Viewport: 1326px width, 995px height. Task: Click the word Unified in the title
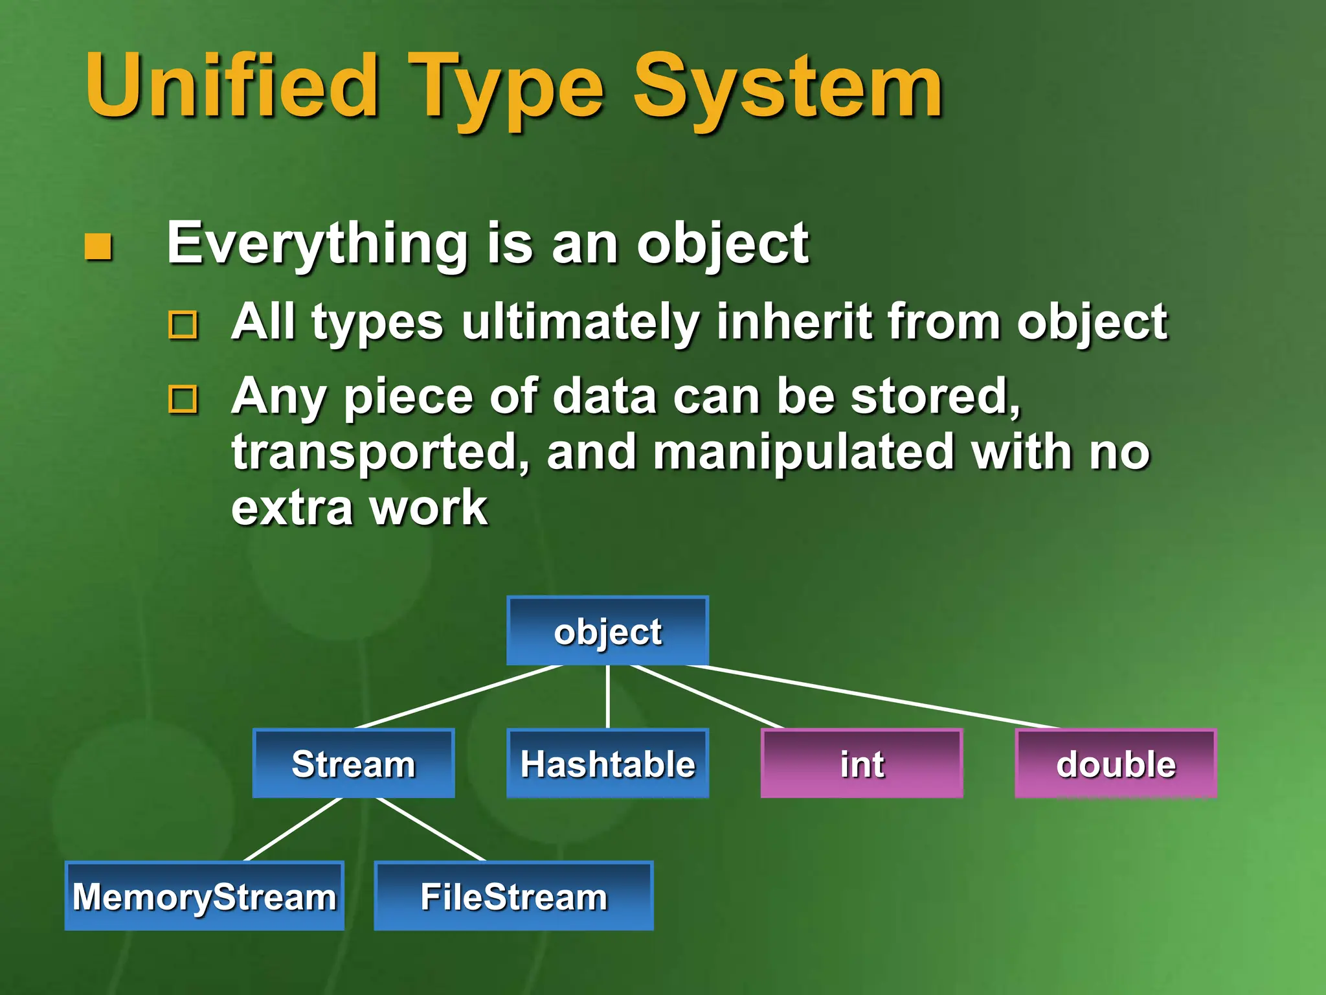[x=232, y=86]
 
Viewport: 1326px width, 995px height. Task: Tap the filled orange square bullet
[x=98, y=247]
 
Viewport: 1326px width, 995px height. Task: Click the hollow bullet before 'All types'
[x=183, y=325]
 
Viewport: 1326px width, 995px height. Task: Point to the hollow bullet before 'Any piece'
[x=183, y=399]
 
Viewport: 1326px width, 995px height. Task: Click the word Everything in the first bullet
[x=317, y=244]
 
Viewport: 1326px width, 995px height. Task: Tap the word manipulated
[x=803, y=452]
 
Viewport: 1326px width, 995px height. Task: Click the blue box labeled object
[x=607, y=631]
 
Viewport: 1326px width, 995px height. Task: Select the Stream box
[x=354, y=763]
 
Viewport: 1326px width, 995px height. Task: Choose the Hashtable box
[x=607, y=763]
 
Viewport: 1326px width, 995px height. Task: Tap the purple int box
[x=862, y=763]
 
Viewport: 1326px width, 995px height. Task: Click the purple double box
[x=1116, y=763]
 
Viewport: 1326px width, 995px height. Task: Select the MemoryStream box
[x=204, y=896]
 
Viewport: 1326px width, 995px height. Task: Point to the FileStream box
[x=513, y=896]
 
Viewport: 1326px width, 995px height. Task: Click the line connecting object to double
[x=874, y=697]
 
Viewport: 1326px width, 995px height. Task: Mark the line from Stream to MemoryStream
[x=293, y=829]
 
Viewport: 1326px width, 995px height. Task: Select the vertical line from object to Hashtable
[x=607, y=696]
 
